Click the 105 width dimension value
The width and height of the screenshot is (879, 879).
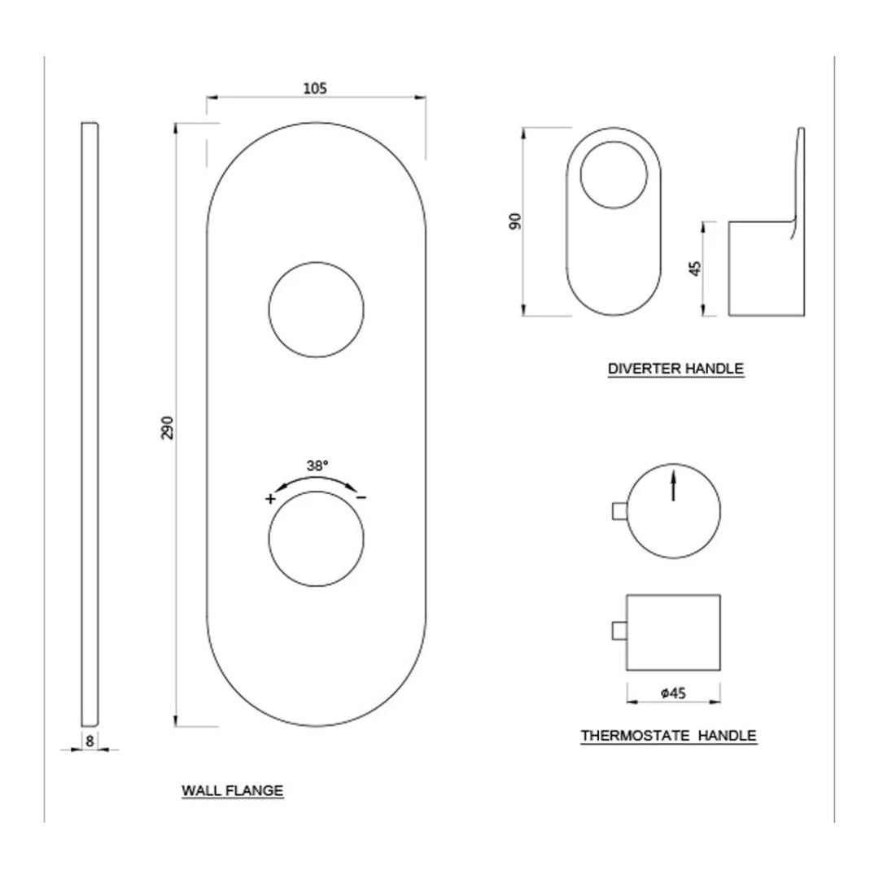pyautogui.click(x=315, y=89)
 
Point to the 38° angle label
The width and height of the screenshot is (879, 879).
pyautogui.click(x=317, y=466)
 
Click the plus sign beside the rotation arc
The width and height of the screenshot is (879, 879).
pyautogui.click(x=269, y=499)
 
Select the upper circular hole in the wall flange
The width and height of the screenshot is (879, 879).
pyautogui.click(x=316, y=310)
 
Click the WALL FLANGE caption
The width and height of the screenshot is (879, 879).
pyautogui.click(x=232, y=789)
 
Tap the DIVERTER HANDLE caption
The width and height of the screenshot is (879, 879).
pyautogui.click(x=676, y=369)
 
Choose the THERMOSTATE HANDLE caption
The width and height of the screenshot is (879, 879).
pyautogui.click(x=668, y=736)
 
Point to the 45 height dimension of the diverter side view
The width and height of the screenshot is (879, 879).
pyautogui.click(x=695, y=269)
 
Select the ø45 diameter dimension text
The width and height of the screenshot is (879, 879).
pyautogui.click(x=674, y=693)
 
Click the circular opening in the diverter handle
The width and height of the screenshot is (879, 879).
pyautogui.click(x=614, y=173)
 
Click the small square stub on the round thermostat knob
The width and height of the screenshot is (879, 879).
pyautogui.click(x=619, y=510)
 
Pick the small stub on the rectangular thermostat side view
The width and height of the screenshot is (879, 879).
pyautogui.click(x=619, y=632)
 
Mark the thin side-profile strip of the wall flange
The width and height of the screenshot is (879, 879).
pyautogui.click(x=90, y=423)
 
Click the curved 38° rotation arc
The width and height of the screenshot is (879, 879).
pyautogui.click(x=317, y=479)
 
